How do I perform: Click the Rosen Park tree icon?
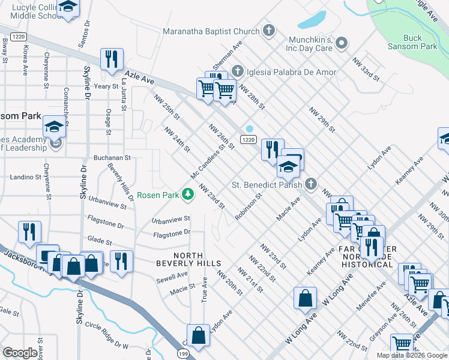(188, 194)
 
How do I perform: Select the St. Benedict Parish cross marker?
(310, 184)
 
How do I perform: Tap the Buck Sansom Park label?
(420, 42)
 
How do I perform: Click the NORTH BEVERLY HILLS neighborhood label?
(188, 259)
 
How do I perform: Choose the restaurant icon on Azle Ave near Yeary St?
(112, 59)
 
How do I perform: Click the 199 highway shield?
(184, 355)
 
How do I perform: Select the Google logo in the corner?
(20, 353)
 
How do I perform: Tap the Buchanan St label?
(112, 158)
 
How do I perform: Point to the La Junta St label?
(124, 94)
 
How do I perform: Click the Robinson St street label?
(249, 206)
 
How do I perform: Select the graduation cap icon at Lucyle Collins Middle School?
(68, 8)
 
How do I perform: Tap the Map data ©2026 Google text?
(411, 355)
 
